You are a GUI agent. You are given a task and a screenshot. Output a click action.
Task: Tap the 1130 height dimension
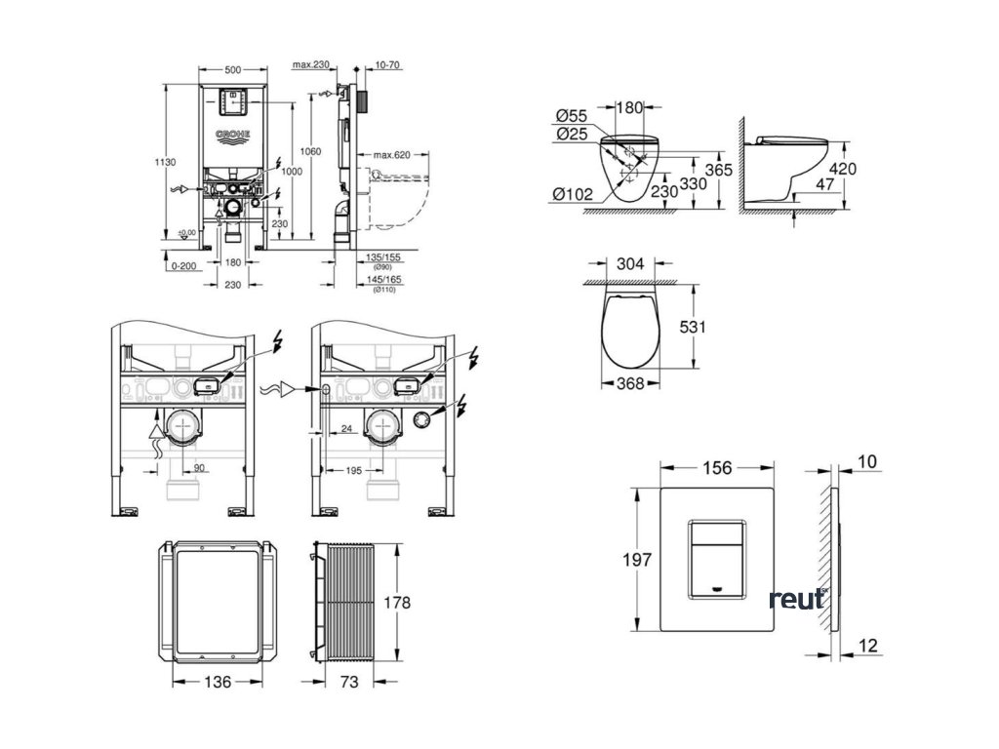click(166, 162)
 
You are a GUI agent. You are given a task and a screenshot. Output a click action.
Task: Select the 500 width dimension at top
click(233, 71)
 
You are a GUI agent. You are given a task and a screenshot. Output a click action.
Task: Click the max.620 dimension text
click(388, 155)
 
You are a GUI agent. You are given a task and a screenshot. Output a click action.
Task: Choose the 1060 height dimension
click(311, 151)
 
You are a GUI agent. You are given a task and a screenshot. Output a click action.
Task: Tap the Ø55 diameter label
click(570, 116)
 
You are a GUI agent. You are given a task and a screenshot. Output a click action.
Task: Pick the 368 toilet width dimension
click(631, 383)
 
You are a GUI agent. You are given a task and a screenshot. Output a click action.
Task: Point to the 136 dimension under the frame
click(220, 682)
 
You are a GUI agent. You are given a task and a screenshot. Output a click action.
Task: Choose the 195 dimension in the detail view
click(353, 471)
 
